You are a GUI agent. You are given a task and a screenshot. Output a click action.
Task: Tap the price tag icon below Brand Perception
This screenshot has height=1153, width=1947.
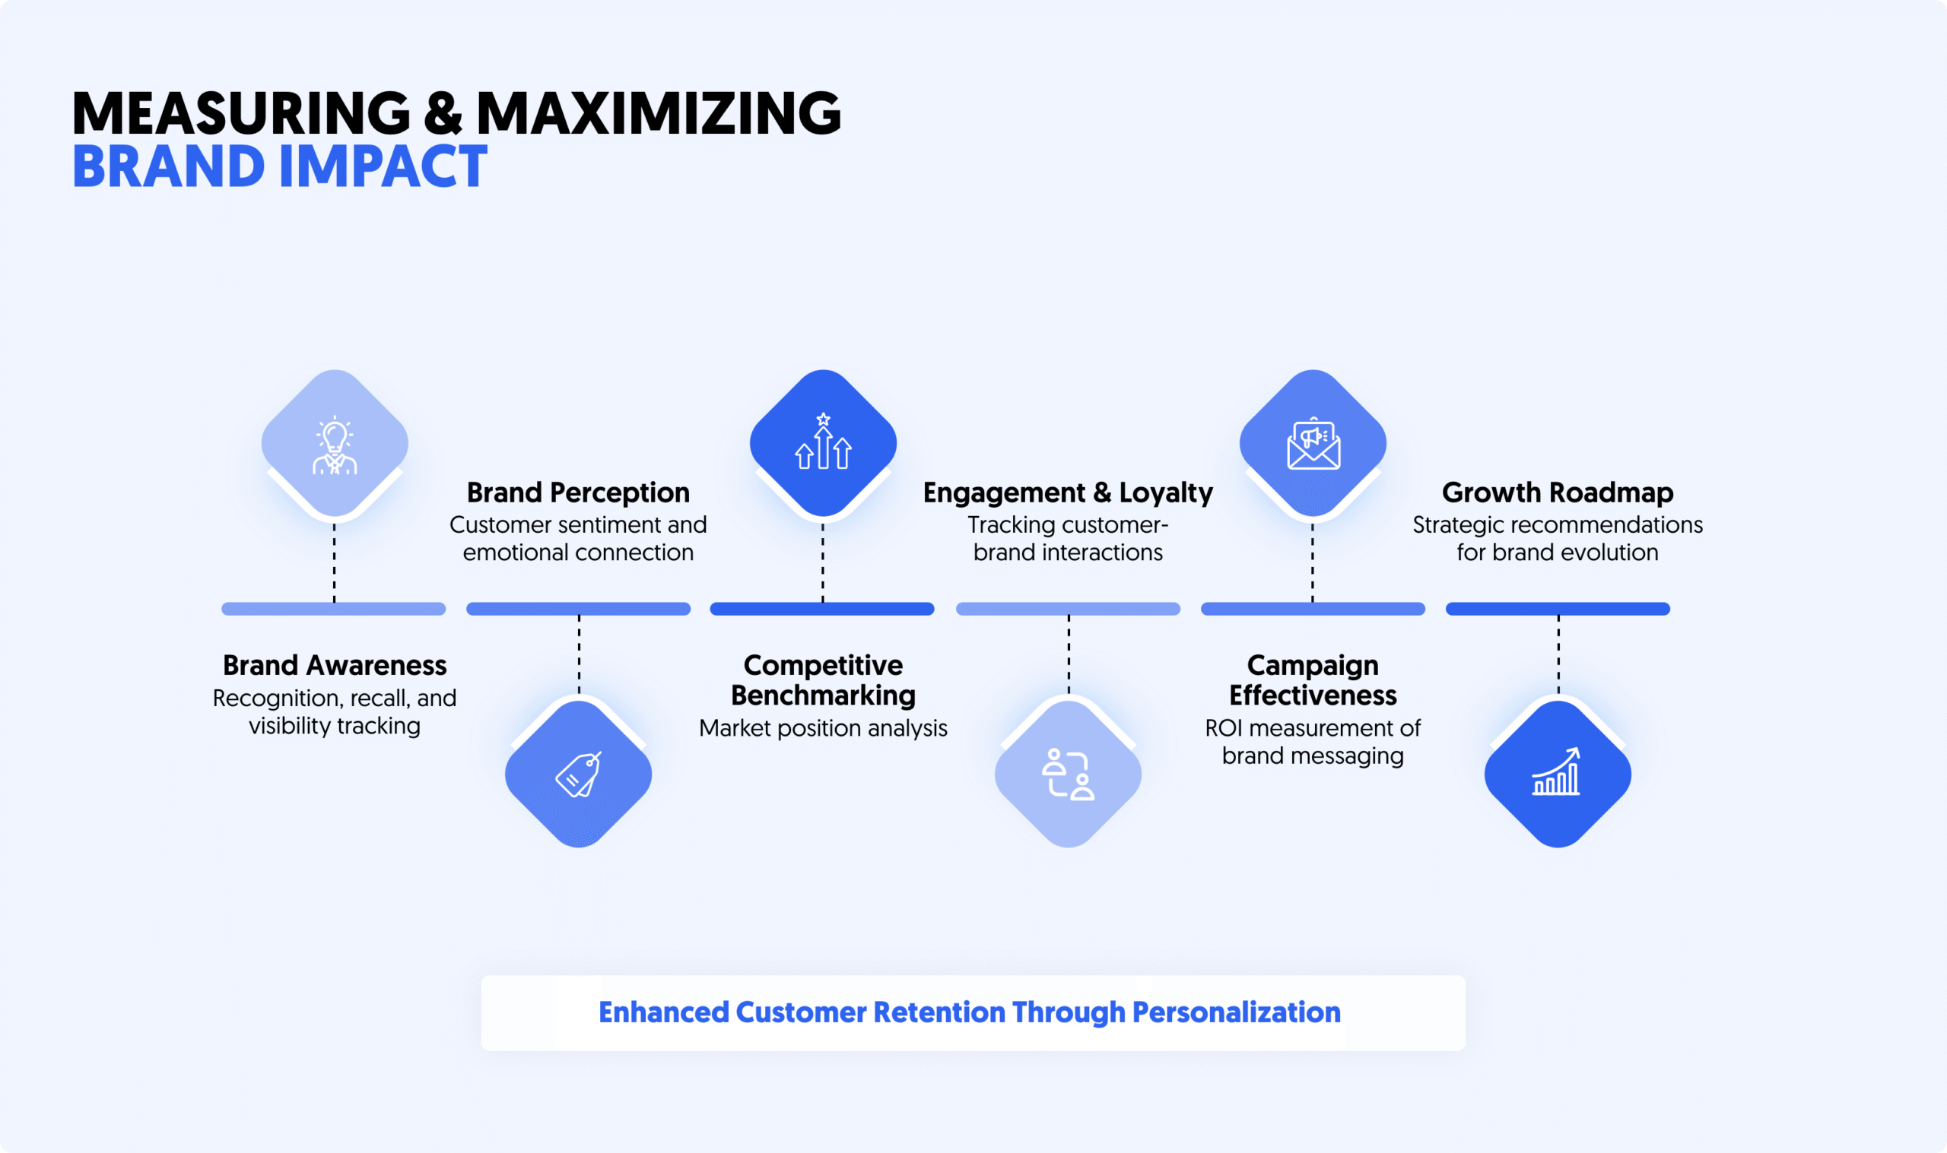pyautogui.click(x=578, y=774)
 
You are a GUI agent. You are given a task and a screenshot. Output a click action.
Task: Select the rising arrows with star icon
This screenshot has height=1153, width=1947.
pyautogui.click(x=823, y=442)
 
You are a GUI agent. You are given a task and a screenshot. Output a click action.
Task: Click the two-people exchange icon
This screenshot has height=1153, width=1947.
pyautogui.click(x=1068, y=774)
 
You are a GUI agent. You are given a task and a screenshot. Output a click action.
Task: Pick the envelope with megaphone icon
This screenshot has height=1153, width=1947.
pyautogui.click(x=1313, y=444)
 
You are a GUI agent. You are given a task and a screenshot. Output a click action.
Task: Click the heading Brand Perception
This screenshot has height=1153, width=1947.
pyautogui.click(x=577, y=493)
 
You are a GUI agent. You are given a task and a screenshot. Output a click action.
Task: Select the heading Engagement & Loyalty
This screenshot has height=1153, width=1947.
pyautogui.click(x=1067, y=493)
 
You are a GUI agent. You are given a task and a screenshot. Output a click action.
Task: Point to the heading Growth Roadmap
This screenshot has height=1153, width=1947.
pyautogui.click(x=1557, y=493)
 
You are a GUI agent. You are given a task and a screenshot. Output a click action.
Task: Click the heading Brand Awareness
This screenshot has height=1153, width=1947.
pyautogui.click(x=334, y=665)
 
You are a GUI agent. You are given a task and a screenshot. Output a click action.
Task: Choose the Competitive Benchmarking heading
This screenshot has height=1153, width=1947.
pyautogui.click(x=823, y=679)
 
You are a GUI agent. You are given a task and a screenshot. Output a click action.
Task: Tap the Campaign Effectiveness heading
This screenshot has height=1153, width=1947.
pyautogui.click(x=1313, y=679)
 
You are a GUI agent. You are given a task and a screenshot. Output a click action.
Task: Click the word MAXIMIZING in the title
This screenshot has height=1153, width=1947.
pyautogui.click(x=658, y=113)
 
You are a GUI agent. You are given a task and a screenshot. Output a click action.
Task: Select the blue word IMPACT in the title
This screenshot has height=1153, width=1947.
pyautogui.click(x=382, y=166)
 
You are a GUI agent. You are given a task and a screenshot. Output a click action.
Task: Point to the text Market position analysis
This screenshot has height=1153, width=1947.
pyautogui.click(x=823, y=728)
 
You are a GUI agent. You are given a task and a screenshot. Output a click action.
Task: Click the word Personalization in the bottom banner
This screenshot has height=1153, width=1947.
pyautogui.click(x=1236, y=1012)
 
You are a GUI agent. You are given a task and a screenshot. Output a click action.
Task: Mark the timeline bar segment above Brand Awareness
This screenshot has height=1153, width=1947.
pyautogui.click(x=333, y=608)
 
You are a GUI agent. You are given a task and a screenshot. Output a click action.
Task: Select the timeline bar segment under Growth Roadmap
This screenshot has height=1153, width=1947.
pyautogui.click(x=1557, y=608)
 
